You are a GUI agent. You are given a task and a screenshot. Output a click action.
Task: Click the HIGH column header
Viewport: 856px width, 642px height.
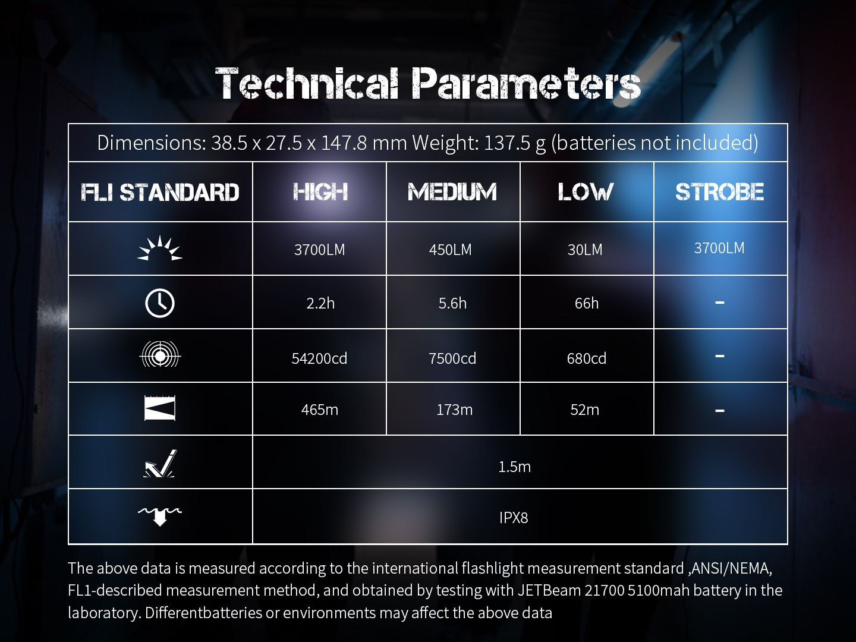320,192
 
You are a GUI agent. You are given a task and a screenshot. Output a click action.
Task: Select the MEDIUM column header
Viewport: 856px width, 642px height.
452,192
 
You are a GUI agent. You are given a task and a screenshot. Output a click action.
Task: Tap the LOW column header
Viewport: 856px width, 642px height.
586,192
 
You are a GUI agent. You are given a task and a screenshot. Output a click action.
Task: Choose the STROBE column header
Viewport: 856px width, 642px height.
719,192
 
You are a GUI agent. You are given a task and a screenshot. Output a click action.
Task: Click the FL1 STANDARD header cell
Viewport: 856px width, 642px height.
160,192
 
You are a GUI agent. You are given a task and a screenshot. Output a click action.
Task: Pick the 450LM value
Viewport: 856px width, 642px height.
451,250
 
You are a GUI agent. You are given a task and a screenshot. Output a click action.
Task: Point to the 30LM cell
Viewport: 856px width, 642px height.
585,250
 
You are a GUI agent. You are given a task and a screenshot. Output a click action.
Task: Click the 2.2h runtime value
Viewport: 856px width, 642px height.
320,303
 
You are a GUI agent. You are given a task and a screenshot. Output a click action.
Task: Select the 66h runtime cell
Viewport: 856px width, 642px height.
587,303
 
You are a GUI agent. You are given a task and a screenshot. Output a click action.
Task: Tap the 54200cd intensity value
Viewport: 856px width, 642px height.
319,358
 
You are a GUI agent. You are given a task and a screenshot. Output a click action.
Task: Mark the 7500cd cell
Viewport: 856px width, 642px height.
452,358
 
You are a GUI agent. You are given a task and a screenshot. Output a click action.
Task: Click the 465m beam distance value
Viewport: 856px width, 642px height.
320,410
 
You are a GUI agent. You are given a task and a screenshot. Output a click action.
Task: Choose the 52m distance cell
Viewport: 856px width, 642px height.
584,410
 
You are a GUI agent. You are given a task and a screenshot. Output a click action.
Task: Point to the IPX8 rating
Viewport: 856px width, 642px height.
514,518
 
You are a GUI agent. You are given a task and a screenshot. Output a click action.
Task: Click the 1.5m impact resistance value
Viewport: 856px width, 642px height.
514,467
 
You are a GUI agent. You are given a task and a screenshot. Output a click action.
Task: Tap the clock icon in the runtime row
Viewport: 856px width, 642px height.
160,303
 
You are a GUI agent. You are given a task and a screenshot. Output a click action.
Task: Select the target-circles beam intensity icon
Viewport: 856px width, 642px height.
160,354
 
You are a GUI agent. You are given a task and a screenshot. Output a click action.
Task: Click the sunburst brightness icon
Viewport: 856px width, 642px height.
160,248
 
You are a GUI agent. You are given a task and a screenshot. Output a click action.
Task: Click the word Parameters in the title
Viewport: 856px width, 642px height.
527,83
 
